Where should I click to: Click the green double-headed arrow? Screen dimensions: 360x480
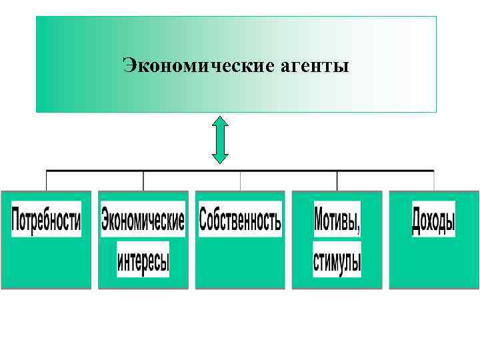point(220,140)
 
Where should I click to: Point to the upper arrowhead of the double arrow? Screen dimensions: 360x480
point(220,121)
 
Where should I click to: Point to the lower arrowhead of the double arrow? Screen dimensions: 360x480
point(220,158)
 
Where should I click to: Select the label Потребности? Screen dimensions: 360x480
point(46,220)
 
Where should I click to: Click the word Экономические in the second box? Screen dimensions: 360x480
point(143,220)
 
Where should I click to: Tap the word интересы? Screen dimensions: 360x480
point(143,259)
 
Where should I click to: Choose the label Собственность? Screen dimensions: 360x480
point(240,220)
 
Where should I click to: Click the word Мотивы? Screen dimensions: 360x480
point(337,220)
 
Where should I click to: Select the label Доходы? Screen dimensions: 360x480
point(433,220)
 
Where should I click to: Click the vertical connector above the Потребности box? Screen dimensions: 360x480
point(46,180)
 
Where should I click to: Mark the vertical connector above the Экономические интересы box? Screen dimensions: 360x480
point(143,180)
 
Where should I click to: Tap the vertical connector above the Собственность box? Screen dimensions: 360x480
point(240,180)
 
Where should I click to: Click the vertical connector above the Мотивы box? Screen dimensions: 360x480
point(337,180)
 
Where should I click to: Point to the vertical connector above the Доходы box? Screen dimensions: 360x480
point(434,180)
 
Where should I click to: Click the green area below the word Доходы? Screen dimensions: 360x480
point(433,263)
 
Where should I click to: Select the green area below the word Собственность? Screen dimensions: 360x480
point(240,263)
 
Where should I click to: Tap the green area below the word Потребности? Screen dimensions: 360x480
point(46,263)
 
